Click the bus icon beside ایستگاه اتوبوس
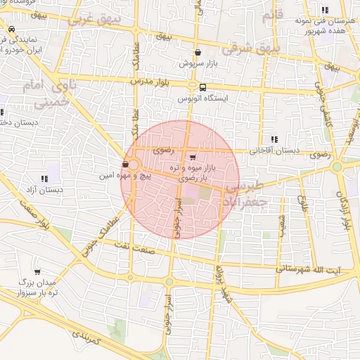[x=202, y=88]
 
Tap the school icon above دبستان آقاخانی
[x=274, y=139]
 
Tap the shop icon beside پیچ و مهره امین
[x=125, y=164]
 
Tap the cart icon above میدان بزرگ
[x=37, y=271]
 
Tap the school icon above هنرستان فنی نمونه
[x=324, y=10]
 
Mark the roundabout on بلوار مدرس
[x=191, y=85]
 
